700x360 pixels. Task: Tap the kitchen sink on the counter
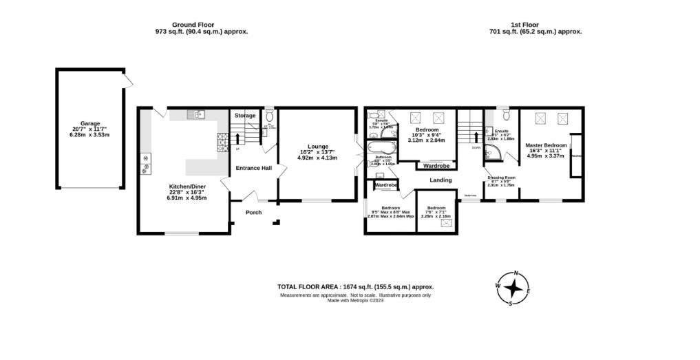[197, 115]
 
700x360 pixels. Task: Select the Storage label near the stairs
[244, 116]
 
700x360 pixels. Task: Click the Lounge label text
[317, 146]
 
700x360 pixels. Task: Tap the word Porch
[253, 212]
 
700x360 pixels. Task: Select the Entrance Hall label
[254, 168]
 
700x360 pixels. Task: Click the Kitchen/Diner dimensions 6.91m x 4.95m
[188, 198]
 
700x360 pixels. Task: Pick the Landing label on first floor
[441, 180]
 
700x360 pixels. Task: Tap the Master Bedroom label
[546, 145]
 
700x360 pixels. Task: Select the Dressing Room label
[501, 178]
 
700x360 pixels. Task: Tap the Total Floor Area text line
[355, 286]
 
